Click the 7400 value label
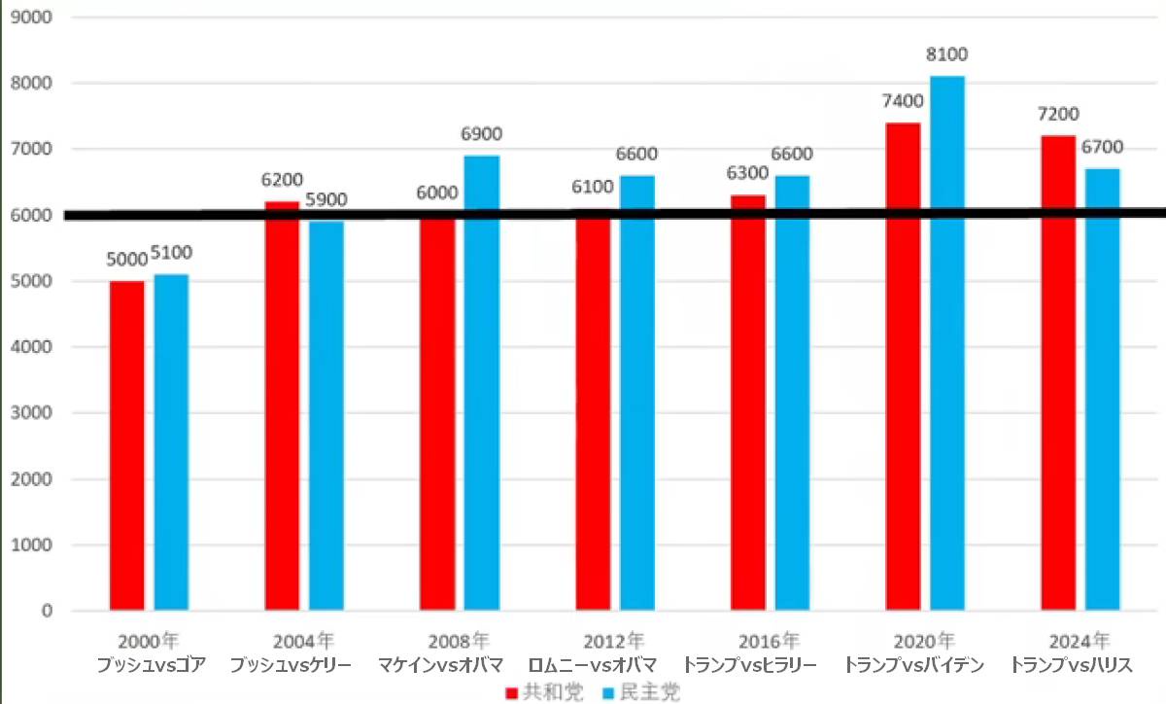tap(903, 102)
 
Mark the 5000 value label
tap(126, 260)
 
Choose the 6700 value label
tap(1103, 148)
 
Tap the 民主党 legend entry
tap(641, 692)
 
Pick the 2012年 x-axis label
tap(614, 642)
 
